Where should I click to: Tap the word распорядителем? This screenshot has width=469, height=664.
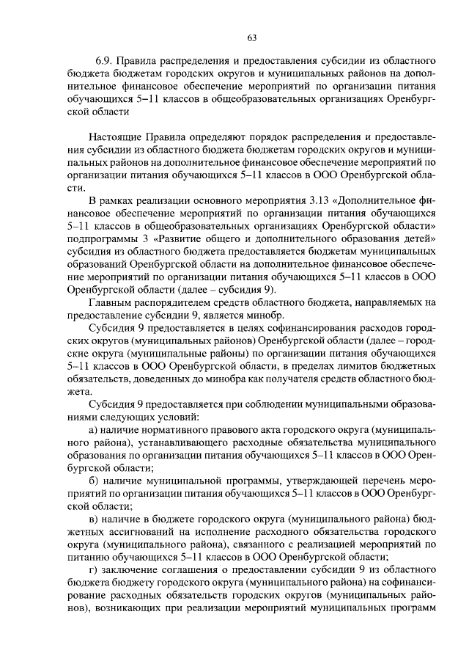pos(171,304)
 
